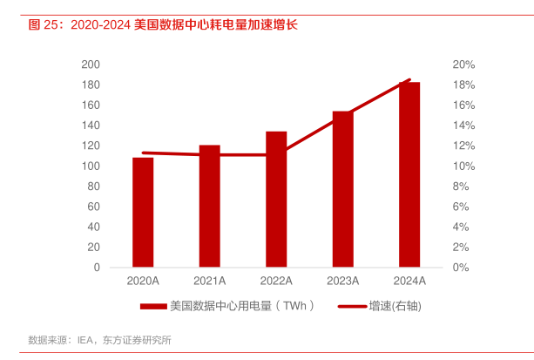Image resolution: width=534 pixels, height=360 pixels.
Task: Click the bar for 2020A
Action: pos(143,212)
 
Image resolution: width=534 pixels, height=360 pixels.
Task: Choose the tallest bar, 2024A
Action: pos(409,174)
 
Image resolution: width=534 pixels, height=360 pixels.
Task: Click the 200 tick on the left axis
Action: pos(90,65)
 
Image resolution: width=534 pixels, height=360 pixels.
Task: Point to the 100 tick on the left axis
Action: pos(90,166)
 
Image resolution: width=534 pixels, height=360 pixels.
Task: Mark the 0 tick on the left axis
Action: pos(96,268)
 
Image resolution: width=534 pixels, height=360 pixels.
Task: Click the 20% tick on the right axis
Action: pos(463,65)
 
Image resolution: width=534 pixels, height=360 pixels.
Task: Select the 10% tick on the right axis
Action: pos(463,166)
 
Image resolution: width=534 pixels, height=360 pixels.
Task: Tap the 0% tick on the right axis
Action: pos(461,268)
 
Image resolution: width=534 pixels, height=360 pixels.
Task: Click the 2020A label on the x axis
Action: pos(143,281)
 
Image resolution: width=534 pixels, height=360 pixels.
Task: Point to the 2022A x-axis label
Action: pos(276,281)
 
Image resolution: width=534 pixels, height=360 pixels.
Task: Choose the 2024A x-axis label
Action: pos(409,281)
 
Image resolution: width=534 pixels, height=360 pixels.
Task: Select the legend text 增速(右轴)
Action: pos(392,306)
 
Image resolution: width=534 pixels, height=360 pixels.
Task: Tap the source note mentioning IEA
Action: pos(99,339)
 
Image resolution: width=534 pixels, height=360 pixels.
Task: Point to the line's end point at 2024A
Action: pos(409,80)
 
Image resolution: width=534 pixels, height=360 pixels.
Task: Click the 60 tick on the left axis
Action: pos(93,207)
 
